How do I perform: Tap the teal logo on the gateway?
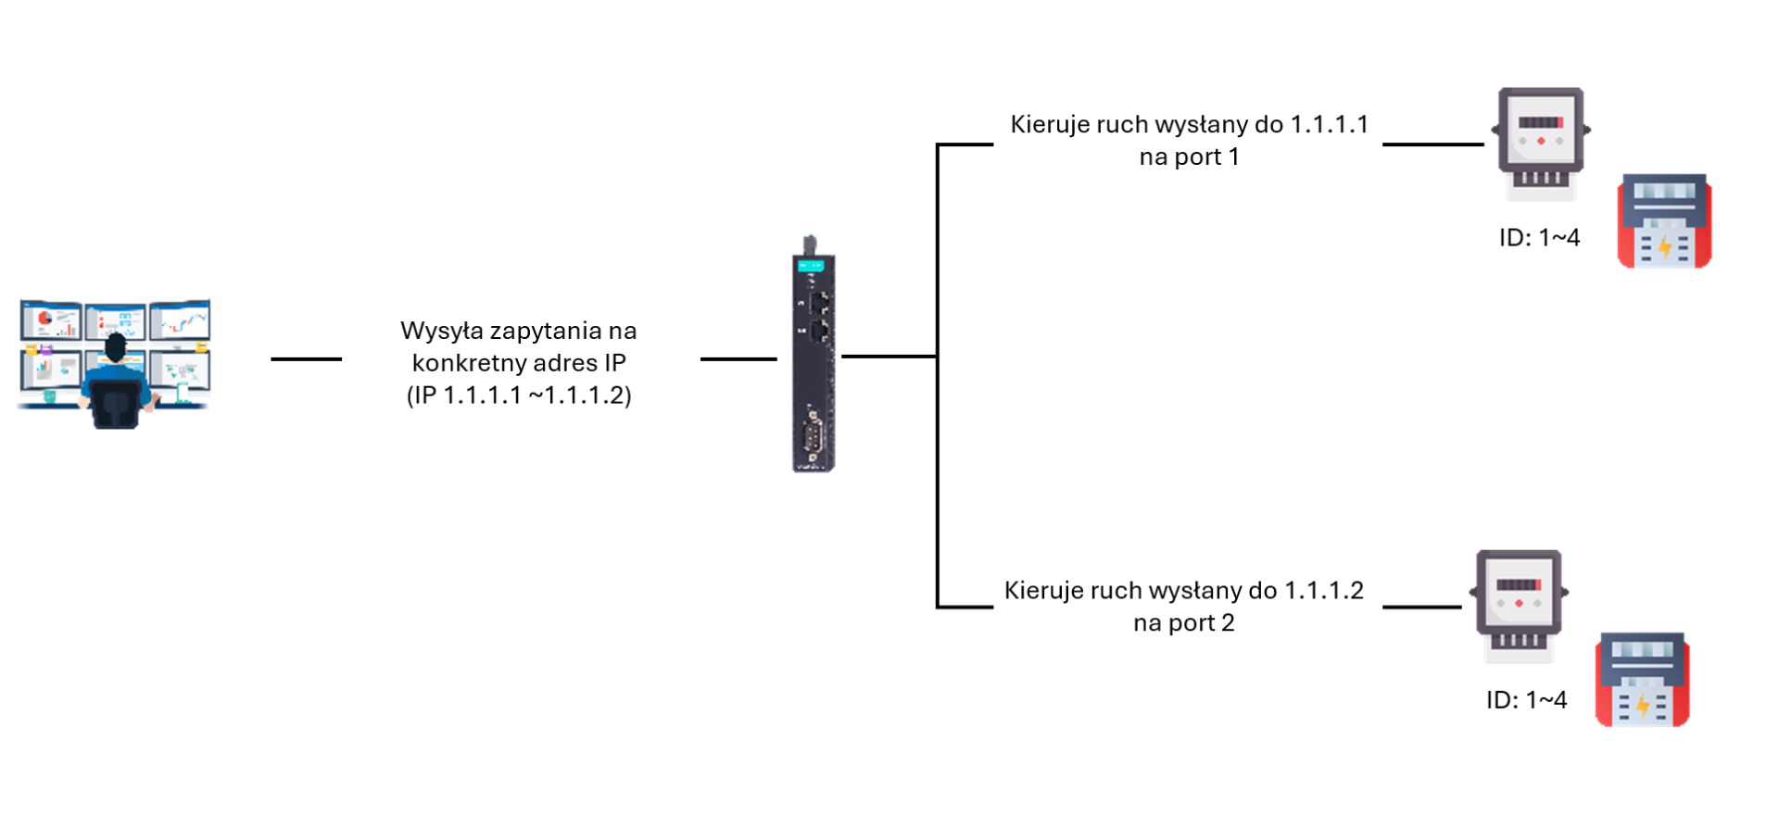point(811,266)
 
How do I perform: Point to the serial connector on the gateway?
point(814,435)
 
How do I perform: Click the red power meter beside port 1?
point(1664,222)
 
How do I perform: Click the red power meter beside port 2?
point(1642,681)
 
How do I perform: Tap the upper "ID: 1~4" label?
point(1539,238)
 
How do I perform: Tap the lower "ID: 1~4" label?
point(1526,700)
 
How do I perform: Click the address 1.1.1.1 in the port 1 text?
point(1329,125)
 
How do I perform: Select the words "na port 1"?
point(1189,157)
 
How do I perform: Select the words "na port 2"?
point(1183,623)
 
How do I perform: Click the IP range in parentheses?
point(519,395)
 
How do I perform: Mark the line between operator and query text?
point(306,359)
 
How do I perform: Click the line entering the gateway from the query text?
point(738,359)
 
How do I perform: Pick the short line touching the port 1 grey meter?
point(1432,144)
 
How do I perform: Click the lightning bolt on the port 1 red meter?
point(1664,246)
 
